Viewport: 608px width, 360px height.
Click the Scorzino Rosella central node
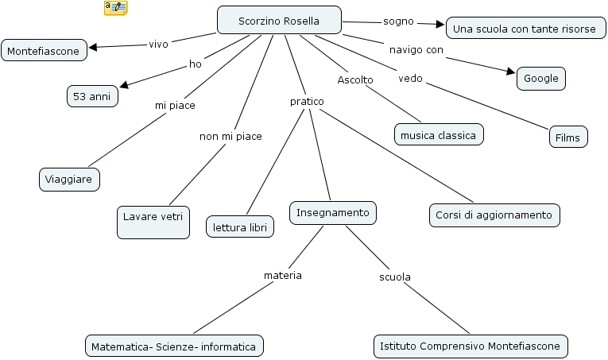coord(279,21)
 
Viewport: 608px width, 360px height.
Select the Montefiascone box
coord(44,52)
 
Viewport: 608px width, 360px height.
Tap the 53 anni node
coord(91,96)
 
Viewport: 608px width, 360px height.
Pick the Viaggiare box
coord(70,180)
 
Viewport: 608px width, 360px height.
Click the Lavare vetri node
coord(153,222)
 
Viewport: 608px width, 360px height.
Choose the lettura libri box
coord(240,226)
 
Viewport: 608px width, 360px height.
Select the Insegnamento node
coord(332,213)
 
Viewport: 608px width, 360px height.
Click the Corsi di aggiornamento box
coord(494,215)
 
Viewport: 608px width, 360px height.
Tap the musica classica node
coord(439,135)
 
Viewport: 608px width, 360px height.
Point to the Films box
coord(568,137)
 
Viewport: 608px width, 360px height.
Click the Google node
coord(541,79)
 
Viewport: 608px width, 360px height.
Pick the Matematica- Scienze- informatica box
coord(174,346)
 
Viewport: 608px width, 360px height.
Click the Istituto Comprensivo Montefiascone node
coord(471,346)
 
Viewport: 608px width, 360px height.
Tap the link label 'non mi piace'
coord(230,136)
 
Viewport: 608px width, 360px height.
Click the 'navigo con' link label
coord(416,50)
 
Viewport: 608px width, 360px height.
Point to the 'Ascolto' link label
coord(355,79)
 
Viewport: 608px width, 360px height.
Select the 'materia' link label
coord(283,275)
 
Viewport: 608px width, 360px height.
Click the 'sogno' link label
coord(398,21)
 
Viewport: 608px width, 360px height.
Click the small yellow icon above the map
coord(115,8)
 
